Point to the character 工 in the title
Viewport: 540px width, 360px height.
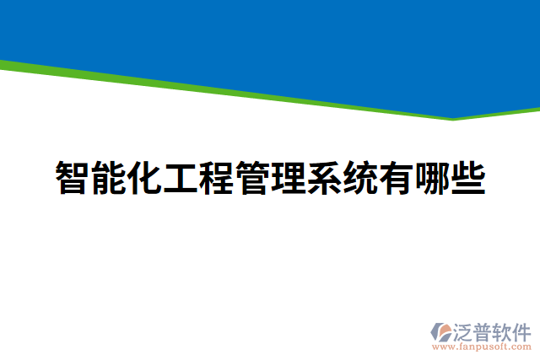click(180, 178)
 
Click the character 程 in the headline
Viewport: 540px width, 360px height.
click(216, 178)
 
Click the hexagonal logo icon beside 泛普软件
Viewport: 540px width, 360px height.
click(442, 331)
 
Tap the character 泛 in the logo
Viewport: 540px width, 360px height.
click(465, 330)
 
